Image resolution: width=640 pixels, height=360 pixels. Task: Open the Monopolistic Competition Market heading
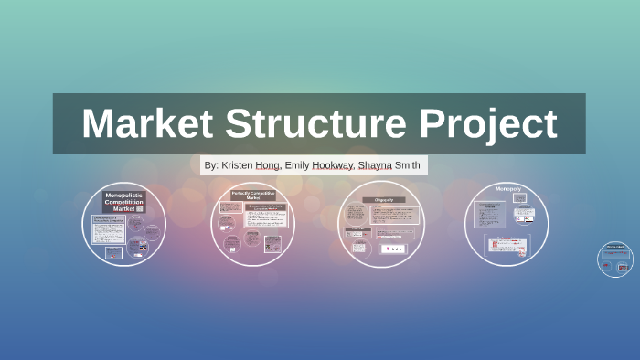click(x=125, y=201)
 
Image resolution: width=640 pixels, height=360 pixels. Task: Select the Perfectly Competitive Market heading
click(x=252, y=196)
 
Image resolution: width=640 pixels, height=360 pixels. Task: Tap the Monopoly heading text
click(x=507, y=189)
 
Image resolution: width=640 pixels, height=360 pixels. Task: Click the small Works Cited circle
click(x=614, y=259)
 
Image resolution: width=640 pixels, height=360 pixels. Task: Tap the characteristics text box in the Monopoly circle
click(x=491, y=214)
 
